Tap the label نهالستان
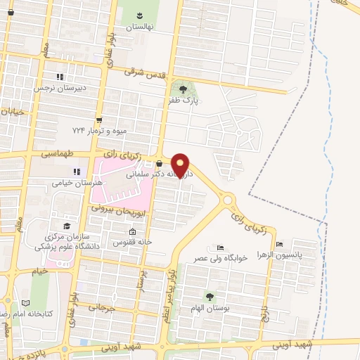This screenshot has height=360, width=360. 139,27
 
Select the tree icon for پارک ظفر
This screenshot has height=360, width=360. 184,89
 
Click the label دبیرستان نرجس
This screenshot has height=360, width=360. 60,88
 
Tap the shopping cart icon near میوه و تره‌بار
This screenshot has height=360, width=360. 99,120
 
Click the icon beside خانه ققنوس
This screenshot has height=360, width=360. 131,233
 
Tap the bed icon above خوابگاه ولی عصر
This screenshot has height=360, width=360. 221,247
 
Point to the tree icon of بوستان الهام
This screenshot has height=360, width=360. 209,295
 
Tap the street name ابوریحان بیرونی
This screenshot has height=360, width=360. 115,209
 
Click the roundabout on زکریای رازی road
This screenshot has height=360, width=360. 228,200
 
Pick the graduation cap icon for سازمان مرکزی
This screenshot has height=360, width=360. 67,226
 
